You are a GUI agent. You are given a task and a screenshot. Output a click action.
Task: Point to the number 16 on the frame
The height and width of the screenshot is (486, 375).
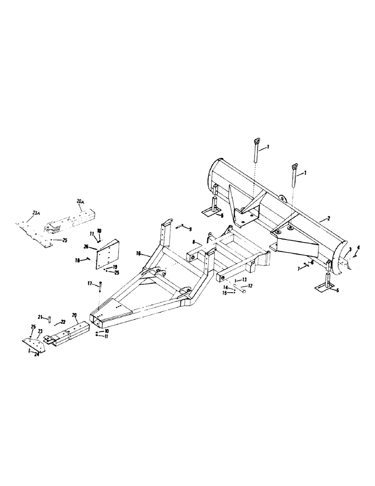click(138, 253)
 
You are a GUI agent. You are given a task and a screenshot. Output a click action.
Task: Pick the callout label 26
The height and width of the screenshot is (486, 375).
click(86, 247)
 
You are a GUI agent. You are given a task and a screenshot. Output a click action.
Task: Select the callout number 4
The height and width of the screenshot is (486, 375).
click(359, 248)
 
